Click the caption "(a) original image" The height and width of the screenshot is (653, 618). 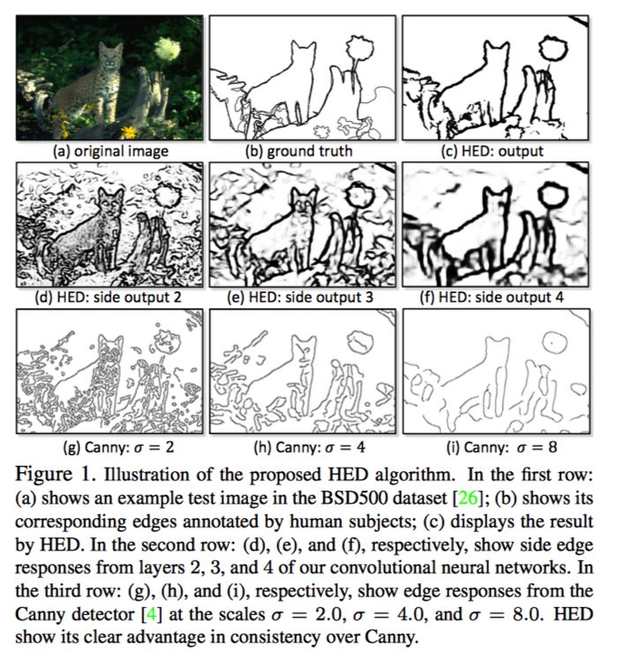110,151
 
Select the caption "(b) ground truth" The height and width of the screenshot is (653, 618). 298,151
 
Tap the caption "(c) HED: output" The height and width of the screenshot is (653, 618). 492,151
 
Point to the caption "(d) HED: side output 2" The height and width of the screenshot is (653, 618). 109,297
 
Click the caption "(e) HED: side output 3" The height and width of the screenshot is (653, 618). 300,297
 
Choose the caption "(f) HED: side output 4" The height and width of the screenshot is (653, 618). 492,297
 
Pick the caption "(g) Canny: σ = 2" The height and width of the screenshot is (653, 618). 118,447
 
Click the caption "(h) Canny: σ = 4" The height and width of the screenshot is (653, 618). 309,447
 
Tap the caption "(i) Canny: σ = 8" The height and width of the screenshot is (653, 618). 501,447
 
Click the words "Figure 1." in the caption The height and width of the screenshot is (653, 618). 56,475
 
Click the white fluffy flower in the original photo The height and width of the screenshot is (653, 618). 168,49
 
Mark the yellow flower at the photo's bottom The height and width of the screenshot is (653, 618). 129,132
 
